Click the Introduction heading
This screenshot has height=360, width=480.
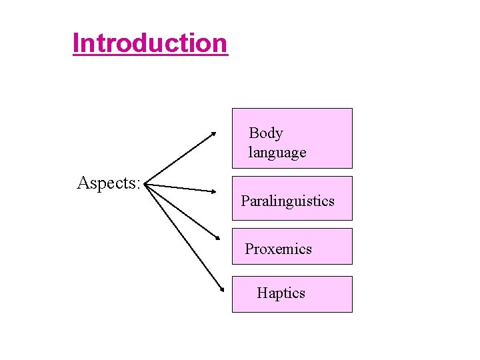[x=150, y=43]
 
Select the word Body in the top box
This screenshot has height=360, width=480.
[x=266, y=133]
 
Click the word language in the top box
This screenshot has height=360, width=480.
[x=277, y=153]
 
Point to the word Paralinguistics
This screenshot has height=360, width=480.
[x=287, y=201]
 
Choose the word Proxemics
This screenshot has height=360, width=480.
[x=278, y=249]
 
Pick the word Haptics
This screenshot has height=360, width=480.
[x=281, y=293]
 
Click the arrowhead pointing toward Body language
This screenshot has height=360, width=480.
[x=213, y=133]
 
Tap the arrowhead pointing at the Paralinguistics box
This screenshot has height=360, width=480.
[x=213, y=191]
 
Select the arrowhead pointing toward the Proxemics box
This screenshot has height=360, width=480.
[x=217, y=237]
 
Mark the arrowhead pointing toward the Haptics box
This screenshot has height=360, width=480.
[x=221, y=289]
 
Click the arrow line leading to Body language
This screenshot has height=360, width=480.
[x=180, y=158]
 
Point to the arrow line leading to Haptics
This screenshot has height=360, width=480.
[x=183, y=236]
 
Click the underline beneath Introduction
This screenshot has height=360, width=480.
[x=150, y=56]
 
